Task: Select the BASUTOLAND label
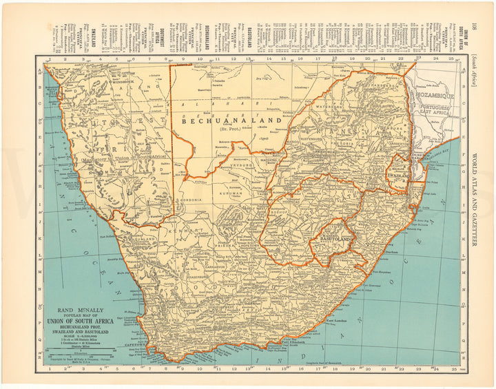point(335,239)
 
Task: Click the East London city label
point(340,321)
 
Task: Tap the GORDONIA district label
point(191,200)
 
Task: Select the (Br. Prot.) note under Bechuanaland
point(230,129)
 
